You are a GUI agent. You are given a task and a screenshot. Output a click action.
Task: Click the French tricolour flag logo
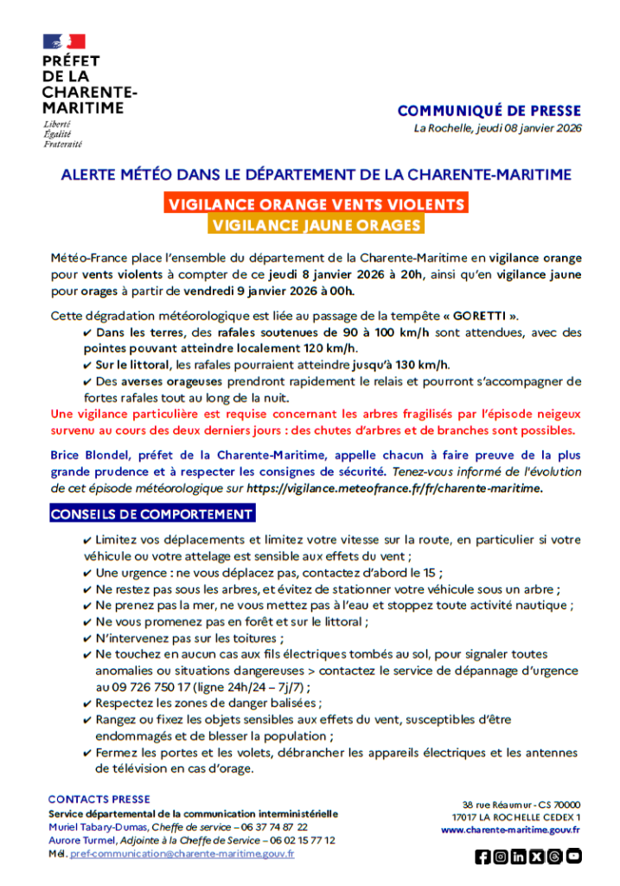point(64,41)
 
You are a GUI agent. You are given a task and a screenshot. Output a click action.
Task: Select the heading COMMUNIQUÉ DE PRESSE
point(489,111)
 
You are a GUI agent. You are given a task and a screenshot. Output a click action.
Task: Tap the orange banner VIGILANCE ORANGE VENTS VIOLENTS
point(316,204)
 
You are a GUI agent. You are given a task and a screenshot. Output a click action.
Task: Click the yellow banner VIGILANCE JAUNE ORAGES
point(316,225)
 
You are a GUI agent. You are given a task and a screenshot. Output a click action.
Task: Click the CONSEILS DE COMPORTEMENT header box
point(151,515)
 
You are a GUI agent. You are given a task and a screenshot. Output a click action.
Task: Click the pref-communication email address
point(182,854)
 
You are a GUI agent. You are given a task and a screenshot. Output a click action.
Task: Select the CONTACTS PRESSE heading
point(99,799)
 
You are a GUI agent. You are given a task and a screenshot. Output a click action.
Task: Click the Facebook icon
point(483,857)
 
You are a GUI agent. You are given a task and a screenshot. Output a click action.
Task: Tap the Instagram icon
point(501,857)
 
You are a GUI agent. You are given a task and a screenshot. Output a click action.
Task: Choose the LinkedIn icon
point(519,857)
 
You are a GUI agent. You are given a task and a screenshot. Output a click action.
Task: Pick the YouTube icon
point(573,857)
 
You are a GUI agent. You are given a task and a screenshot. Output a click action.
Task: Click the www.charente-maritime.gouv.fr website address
point(510,830)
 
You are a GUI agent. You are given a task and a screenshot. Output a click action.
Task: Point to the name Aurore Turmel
point(82,840)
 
